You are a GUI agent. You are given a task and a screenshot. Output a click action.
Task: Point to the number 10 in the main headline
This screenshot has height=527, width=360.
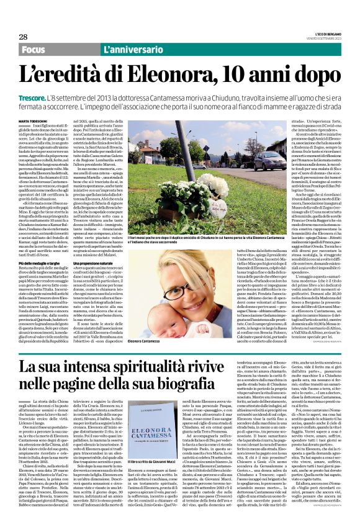pos(248,76)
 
